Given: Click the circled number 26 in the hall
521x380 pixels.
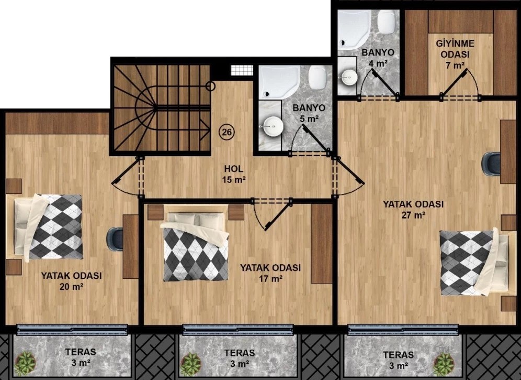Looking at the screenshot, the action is [226, 132].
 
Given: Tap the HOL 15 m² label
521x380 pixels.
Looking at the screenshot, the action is [234, 174].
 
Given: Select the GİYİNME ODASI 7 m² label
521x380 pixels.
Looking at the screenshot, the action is [455, 54].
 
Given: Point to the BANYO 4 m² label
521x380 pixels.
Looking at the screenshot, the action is [378, 57].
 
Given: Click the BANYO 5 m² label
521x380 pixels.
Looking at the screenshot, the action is [309, 113].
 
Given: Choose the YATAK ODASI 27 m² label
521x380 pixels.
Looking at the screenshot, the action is [413, 209].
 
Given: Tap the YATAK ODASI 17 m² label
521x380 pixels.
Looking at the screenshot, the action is [270, 273].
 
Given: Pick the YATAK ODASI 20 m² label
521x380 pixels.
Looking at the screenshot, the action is [72, 281].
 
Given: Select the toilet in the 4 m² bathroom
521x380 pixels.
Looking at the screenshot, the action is [388, 21].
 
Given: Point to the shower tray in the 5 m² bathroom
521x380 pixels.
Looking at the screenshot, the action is [279, 82].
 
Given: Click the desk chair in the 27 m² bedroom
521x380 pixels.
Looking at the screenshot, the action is [491, 164].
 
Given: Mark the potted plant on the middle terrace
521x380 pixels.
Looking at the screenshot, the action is [191, 364].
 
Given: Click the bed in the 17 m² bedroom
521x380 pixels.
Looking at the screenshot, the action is [196, 247].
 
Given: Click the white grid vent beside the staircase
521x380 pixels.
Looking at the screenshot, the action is [242, 70].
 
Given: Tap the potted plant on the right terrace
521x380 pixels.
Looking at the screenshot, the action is [444, 364].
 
